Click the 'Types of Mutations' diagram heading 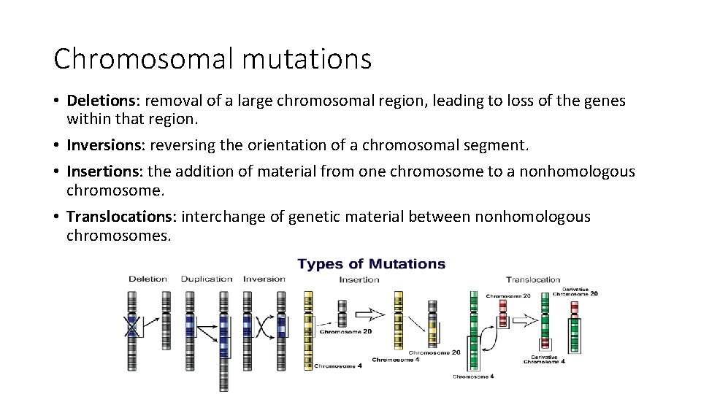(x=371, y=263)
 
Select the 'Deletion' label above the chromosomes (x=148, y=279)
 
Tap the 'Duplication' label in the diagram (x=207, y=279)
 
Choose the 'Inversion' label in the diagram (x=264, y=279)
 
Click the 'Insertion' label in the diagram (x=359, y=279)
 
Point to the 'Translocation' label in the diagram (x=533, y=279)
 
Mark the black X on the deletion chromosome (x=132, y=325)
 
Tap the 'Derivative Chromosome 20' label (x=575, y=291)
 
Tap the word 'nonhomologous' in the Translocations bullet (x=532, y=217)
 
